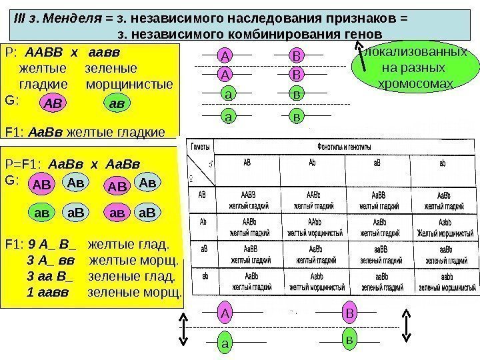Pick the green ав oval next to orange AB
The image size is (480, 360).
click(119, 103)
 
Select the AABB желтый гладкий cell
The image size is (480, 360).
click(247, 199)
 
